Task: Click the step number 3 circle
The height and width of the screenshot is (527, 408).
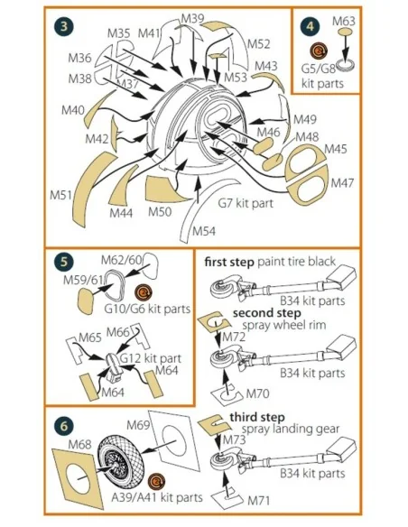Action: (x=63, y=26)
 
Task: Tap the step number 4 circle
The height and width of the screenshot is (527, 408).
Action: (x=311, y=26)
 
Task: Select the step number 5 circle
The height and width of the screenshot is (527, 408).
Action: (x=63, y=261)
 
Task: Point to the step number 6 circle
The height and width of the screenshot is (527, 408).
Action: (x=63, y=426)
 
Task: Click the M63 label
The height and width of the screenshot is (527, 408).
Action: (x=344, y=21)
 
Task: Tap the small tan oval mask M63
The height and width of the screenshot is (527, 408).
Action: (x=345, y=32)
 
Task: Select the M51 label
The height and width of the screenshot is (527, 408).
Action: (x=60, y=195)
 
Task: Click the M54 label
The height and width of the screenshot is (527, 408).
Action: (x=204, y=231)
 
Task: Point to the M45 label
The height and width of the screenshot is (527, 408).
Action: (x=336, y=149)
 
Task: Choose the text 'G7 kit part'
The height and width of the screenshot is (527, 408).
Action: (x=246, y=203)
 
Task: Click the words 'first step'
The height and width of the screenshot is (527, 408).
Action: (x=229, y=262)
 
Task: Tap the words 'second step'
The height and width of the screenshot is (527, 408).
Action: (x=267, y=313)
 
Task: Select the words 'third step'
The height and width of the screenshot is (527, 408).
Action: (x=257, y=418)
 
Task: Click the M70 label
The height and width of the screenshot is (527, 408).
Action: (x=258, y=393)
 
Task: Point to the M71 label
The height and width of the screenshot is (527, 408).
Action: (x=259, y=501)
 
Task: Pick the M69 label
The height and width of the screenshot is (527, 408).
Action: (x=138, y=425)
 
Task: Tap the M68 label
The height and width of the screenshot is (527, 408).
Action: (x=79, y=444)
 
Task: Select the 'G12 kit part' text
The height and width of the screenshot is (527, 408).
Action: (x=151, y=358)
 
